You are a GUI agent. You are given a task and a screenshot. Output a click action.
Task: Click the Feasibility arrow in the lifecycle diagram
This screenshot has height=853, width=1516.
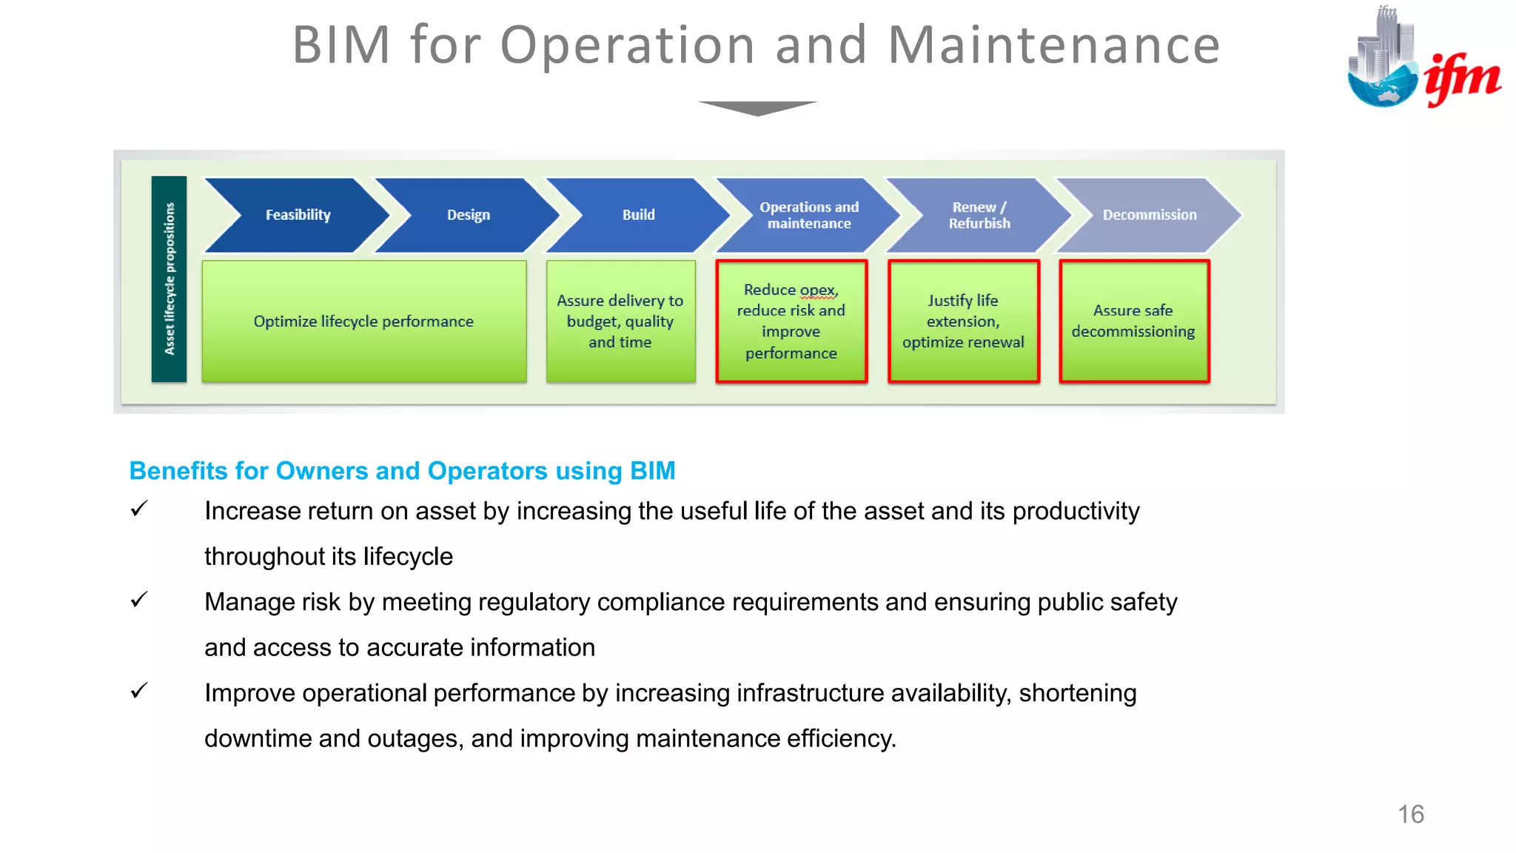(298, 215)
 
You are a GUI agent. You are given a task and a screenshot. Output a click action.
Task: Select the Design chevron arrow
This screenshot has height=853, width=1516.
(468, 215)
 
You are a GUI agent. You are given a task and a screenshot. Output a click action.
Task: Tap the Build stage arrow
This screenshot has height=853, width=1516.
(638, 215)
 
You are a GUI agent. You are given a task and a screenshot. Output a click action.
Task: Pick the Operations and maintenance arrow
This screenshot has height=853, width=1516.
(808, 215)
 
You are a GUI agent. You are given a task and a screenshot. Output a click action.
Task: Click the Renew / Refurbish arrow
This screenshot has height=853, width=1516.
(979, 215)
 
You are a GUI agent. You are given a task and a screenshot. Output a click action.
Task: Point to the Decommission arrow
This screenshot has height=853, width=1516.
(1149, 215)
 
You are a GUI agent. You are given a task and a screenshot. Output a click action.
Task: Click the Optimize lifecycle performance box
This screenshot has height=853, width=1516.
(363, 321)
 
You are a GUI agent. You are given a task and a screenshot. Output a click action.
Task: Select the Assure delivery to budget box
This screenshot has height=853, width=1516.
(620, 321)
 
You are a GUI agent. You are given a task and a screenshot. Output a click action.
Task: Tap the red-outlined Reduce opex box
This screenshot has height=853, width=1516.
(791, 321)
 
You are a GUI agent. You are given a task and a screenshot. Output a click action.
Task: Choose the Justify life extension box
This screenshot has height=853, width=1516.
(963, 321)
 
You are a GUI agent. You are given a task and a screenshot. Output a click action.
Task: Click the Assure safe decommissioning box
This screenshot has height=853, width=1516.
(1133, 321)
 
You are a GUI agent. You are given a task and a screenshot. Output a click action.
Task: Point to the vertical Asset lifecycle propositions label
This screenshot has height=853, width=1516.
(170, 279)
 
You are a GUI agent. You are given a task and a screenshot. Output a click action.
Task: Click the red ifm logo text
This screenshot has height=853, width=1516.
(1462, 78)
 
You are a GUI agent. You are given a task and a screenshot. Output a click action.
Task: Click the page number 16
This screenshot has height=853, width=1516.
(1410, 814)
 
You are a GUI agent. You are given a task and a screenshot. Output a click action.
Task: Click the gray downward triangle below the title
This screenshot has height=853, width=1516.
(757, 108)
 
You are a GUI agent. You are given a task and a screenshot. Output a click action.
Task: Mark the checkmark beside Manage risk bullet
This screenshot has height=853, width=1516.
(139, 600)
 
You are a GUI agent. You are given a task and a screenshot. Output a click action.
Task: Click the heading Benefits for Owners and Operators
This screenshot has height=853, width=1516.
(402, 471)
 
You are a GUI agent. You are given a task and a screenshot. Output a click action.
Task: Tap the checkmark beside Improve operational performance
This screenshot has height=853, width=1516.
(139, 691)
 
